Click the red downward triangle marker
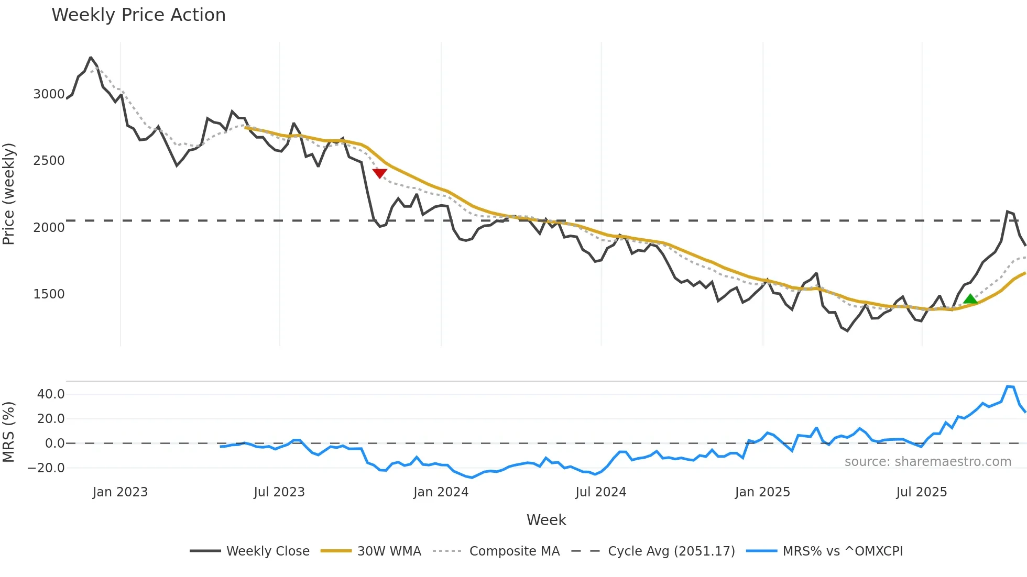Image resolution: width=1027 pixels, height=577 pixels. point(380,173)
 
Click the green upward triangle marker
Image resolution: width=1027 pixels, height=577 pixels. point(970,299)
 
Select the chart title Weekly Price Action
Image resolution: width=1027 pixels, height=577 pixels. point(138,15)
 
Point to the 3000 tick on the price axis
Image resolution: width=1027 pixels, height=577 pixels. point(49,94)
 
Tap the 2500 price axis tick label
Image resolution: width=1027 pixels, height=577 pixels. point(49,161)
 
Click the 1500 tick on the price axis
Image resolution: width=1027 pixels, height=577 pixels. point(49,294)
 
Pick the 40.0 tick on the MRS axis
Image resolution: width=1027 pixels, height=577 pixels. point(51,394)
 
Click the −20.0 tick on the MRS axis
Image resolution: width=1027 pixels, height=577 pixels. point(47,468)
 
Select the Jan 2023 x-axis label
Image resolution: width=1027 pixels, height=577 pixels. point(120,492)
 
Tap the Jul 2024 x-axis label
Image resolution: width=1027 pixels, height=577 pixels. point(600,492)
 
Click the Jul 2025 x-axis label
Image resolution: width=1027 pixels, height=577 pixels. point(921,492)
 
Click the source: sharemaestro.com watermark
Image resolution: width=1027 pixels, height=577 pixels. point(927,462)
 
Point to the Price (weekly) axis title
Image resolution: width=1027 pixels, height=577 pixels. point(9,194)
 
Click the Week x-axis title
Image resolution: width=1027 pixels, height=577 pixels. point(546,520)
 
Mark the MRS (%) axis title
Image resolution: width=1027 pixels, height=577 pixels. point(9,432)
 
